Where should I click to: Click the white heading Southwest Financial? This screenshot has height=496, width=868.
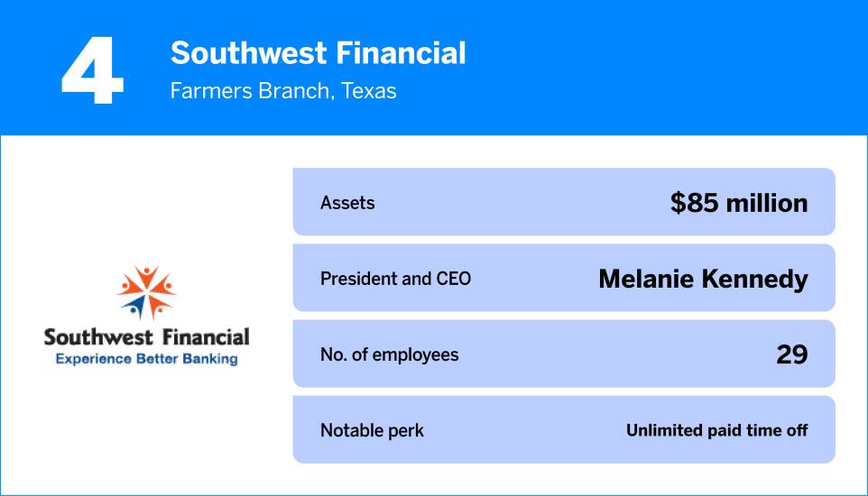(318, 54)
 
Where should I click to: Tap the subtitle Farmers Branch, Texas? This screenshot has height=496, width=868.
(283, 91)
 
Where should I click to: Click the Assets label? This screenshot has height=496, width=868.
(347, 203)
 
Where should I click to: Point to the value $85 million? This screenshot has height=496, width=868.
(739, 203)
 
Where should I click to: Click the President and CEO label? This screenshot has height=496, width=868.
(395, 279)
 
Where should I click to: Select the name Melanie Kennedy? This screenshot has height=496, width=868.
(703, 280)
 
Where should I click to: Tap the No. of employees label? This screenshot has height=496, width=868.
(389, 354)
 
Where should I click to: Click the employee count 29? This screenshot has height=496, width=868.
(791, 354)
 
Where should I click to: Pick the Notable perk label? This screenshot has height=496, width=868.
(372, 431)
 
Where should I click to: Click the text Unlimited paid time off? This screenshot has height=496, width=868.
(716, 431)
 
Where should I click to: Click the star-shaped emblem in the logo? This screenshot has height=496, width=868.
(146, 291)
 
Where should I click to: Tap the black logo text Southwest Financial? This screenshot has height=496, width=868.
(146, 337)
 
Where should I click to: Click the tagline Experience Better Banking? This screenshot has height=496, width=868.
(146, 359)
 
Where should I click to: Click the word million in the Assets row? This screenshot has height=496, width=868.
(765, 203)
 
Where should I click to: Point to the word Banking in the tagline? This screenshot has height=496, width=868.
(208, 359)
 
